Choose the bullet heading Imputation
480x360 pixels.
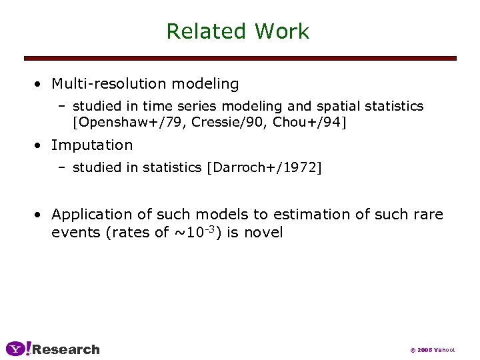(x=92, y=145)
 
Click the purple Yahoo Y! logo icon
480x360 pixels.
(x=18, y=349)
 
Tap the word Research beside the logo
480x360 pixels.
(x=66, y=349)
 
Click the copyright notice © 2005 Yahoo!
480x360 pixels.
(x=433, y=350)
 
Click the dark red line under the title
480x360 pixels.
(x=240, y=59)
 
